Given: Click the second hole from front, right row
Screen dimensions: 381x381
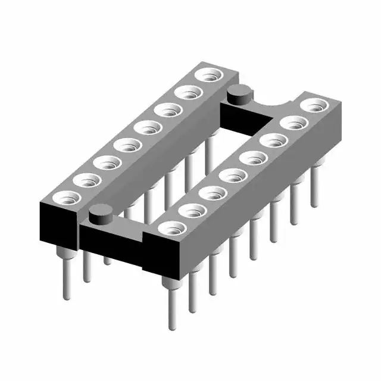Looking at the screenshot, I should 190,210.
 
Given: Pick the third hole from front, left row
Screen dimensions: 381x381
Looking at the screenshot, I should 105,162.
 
